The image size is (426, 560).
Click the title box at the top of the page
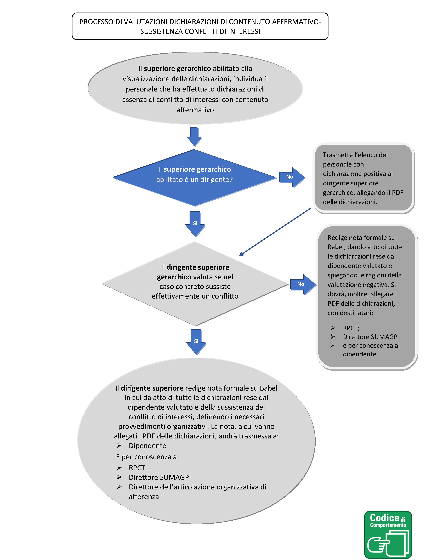coord(200,26)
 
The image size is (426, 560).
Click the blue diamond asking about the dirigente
coord(195,178)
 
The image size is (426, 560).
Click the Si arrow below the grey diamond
coord(196,341)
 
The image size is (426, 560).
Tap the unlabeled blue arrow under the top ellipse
coord(194,136)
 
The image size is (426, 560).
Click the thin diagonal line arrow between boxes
coord(275,232)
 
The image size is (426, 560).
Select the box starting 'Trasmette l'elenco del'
coord(364,178)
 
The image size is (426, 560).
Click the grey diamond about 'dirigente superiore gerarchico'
coord(195,284)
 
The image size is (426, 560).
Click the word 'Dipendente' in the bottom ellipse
coord(147,446)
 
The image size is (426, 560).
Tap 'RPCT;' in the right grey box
coord(351,328)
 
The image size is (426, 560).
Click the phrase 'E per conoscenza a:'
coord(147,457)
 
